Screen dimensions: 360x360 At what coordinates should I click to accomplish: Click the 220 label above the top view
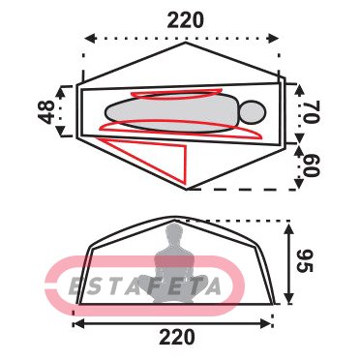tap(186, 20)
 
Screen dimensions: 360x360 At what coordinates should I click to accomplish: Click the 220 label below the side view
tap(177, 337)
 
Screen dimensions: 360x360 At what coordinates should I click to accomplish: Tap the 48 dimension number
tap(46, 112)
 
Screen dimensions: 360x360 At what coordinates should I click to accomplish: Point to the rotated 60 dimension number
tap(312, 165)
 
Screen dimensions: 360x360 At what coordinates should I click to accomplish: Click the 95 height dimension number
tap(305, 260)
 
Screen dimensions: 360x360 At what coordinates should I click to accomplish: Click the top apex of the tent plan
tap(186, 43)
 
